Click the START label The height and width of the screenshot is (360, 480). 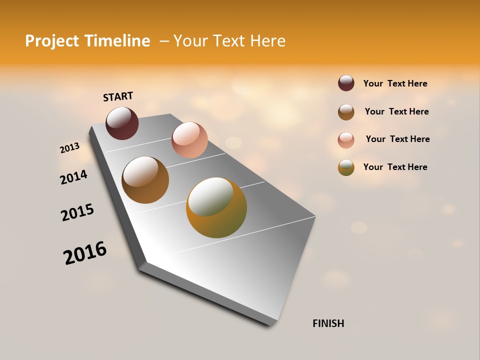[118, 96]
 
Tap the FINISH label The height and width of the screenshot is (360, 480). [328, 323]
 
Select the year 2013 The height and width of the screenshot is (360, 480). [69, 148]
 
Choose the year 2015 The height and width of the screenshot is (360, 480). [77, 212]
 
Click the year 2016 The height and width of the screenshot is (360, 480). [85, 253]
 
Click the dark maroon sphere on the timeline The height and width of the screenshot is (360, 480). [122, 123]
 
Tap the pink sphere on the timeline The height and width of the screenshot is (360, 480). [189, 139]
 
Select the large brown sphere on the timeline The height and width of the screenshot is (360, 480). [145, 180]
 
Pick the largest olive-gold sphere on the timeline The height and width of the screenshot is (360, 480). [216, 207]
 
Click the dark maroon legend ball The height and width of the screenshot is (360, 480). [346, 83]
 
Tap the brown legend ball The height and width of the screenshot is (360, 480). [346, 112]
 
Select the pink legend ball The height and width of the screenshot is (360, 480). [346, 140]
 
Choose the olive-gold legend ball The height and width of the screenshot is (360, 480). [346, 167]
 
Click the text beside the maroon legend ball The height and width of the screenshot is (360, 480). [395, 83]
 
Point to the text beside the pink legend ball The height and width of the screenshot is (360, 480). [397, 139]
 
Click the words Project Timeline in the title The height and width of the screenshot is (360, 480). [87, 41]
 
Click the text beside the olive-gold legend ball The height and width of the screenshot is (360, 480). [395, 167]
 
